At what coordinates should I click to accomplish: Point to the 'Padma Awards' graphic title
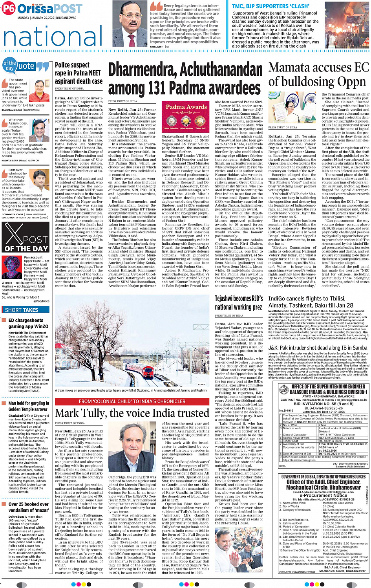[x=186, y=107]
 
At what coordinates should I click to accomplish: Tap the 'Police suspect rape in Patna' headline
[x=79, y=73]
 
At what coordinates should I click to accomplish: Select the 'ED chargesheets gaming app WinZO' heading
[x=28, y=323]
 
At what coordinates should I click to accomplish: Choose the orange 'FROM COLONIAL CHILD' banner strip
[x=132, y=401]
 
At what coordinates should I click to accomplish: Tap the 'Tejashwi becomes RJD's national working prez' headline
[x=239, y=303]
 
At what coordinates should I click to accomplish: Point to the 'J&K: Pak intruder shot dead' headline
[x=318, y=348]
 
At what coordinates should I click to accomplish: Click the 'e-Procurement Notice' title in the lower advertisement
[x=323, y=495]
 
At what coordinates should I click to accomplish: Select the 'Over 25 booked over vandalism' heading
[x=29, y=507]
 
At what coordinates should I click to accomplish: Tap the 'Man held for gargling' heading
[x=29, y=406]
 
